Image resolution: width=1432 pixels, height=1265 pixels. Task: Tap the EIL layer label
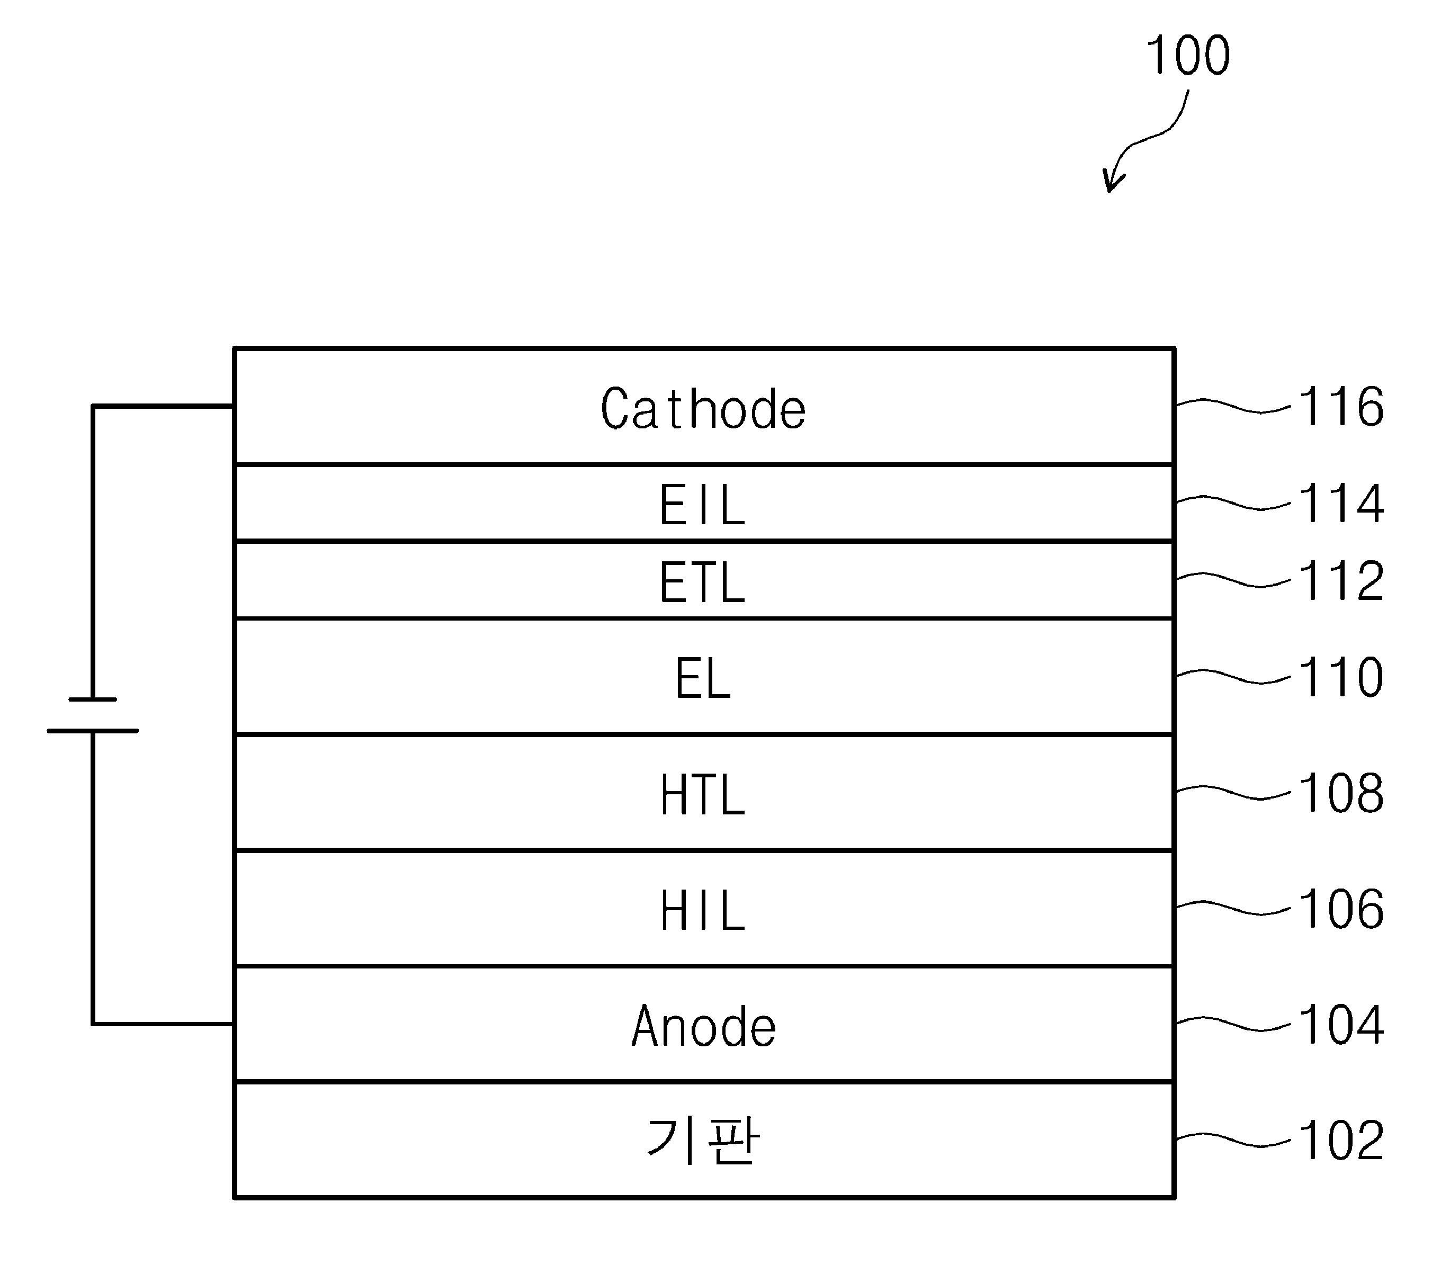coord(703,505)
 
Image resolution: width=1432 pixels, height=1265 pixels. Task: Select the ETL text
coord(703,582)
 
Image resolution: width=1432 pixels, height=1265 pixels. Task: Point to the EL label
coord(703,678)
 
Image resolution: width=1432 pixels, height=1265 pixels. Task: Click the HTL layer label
coord(703,794)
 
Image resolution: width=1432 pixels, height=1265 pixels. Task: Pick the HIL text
coord(703,911)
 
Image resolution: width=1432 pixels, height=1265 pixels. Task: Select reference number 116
coord(1341,407)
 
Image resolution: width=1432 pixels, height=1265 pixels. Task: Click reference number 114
coord(1341,504)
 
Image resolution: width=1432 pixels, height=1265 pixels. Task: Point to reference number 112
coord(1341,581)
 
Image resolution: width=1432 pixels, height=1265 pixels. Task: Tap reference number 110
coord(1341,677)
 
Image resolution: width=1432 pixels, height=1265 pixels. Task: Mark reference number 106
coord(1341,909)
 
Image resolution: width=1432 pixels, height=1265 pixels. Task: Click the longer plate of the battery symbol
coord(93,731)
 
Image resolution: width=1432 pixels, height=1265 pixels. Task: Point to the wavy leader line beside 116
coord(1232,406)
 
